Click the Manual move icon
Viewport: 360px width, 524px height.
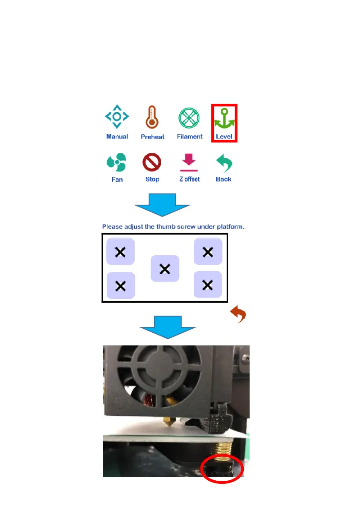coord(117,117)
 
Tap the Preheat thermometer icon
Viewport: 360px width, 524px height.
coord(152,117)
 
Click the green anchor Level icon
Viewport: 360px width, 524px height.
coord(224,119)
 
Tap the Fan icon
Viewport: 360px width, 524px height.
coord(116,162)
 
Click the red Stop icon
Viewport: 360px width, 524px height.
coord(152,162)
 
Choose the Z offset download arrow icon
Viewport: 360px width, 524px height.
coord(189,163)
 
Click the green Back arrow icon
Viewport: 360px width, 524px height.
coord(223,162)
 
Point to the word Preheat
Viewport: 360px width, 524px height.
coord(152,137)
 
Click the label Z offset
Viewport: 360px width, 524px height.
coord(189,179)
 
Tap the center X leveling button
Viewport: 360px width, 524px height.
coord(165,269)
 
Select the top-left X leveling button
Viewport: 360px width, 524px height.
coord(120,252)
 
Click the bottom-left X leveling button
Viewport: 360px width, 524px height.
coord(120,285)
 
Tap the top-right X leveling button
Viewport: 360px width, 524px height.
coord(208,252)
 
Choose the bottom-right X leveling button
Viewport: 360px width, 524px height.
coord(208,285)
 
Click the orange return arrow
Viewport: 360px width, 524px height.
coord(238,314)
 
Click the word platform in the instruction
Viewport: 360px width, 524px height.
coord(230,227)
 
